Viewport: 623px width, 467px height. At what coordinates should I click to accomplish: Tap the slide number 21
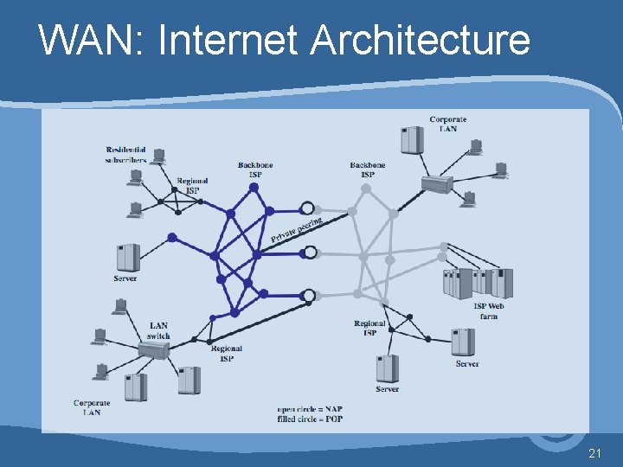(x=594, y=452)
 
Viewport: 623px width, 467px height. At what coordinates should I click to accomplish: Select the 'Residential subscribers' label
(x=125, y=154)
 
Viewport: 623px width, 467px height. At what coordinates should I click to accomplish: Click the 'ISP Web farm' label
(x=489, y=311)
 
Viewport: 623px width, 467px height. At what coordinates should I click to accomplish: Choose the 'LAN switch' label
(x=158, y=330)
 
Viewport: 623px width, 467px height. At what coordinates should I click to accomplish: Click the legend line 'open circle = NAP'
(x=310, y=408)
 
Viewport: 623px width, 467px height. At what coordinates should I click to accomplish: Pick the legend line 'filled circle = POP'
(x=310, y=419)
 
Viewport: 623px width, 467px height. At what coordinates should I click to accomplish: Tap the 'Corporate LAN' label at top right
(x=447, y=124)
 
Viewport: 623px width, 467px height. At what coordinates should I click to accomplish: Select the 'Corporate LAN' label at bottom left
(x=92, y=407)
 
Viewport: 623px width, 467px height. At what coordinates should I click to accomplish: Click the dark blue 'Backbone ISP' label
(x=255, y=170)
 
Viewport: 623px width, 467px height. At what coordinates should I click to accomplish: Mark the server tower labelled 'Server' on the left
(x=127, y=257)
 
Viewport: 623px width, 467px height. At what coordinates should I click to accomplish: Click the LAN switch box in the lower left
(x=153, y=350)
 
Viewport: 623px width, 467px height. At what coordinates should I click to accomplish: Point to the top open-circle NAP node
(x=306, y=208)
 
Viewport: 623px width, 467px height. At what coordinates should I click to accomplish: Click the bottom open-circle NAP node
(x=306, y=296)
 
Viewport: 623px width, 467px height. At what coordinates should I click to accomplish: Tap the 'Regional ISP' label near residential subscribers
(x=192, y=185)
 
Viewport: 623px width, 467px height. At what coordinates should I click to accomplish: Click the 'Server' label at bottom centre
(x=387, y=389)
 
